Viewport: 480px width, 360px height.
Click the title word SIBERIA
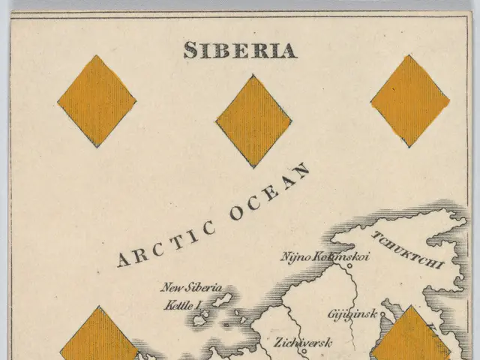pos(240,50)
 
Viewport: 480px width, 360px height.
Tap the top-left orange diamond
pos(97,100)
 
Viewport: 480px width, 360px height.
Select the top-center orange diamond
pos(253,121)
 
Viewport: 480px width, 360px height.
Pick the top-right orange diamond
pos(410,100)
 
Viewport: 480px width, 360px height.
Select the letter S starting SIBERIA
pos(190,50)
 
